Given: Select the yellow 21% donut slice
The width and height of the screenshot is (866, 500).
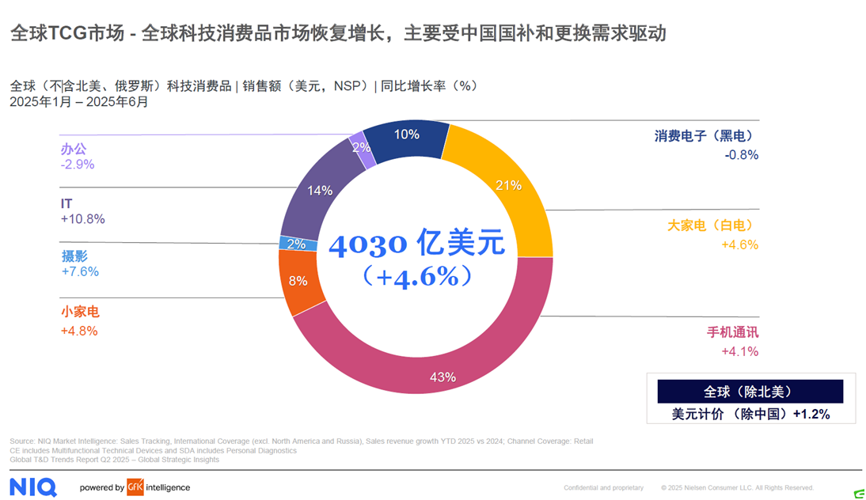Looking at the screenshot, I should pyautogui.click(x=507, y=186).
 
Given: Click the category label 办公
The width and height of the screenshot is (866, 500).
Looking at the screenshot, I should pyautogui.click(x=74, y=148).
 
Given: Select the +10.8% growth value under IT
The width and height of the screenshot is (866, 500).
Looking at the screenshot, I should pyautogui.click(x=82, y=219).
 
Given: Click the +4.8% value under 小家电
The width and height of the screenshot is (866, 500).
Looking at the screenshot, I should pyautogui.click(x=79, y=331).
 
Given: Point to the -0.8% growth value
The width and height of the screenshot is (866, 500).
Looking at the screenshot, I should pyautogui.click(x=742, y=155).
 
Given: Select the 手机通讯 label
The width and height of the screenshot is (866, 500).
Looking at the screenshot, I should pyautogui.click(x=732, y=332).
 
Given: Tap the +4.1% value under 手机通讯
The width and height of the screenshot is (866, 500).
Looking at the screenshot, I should pyautogui.click(x=740, y=351).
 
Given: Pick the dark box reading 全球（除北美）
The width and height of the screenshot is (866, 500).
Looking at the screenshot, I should pyautogui.click(x=749, y=392).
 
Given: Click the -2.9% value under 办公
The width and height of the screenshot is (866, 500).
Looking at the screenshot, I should pyautogui.click(x=78, y=165).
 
